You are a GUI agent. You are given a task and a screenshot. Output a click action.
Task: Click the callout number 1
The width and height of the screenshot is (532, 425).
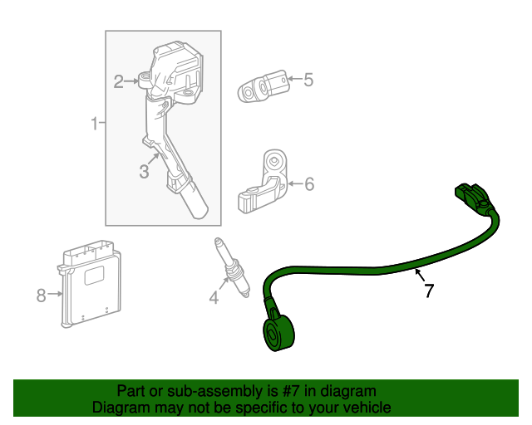[94, 125]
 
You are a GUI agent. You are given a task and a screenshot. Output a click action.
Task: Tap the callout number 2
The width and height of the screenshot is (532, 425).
[119, 81]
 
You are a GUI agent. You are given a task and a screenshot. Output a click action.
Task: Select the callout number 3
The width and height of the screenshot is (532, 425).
[144, 172]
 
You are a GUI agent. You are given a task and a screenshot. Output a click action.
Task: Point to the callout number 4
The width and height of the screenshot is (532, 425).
[214, 297]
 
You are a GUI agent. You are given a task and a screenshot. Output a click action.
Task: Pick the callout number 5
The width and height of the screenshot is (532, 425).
[308, 80]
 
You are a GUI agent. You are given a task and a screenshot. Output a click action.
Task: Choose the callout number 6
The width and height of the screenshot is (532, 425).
[309, 183]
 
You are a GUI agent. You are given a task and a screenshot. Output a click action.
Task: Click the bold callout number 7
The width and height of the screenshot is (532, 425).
[429, 291]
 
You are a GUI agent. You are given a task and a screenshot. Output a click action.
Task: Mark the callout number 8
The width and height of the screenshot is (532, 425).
[41, 294]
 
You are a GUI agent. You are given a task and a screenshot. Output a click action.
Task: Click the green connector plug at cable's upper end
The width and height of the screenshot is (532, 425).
[470, 198]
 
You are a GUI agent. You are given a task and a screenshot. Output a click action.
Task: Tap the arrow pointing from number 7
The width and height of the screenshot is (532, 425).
[419, 274]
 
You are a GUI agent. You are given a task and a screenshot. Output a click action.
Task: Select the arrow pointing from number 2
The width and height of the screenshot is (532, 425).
[135, 81]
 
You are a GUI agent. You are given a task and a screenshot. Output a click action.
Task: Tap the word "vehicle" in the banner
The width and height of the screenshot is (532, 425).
[363, 408]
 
